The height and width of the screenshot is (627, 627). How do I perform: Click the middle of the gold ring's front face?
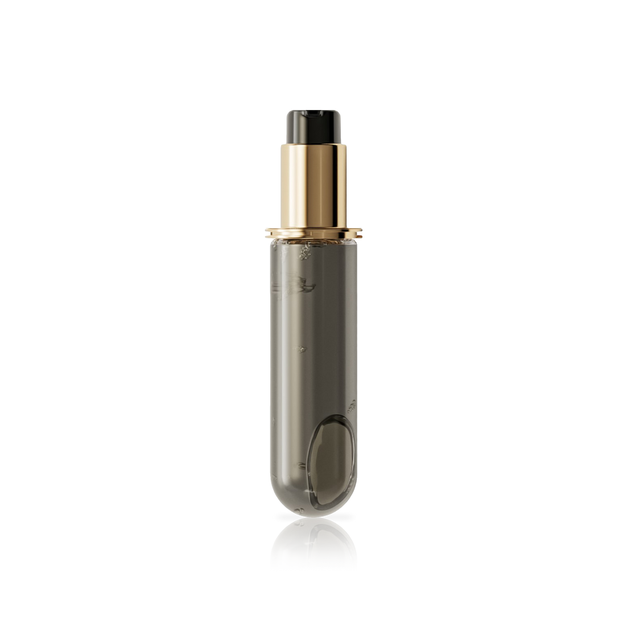pos(313,231)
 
